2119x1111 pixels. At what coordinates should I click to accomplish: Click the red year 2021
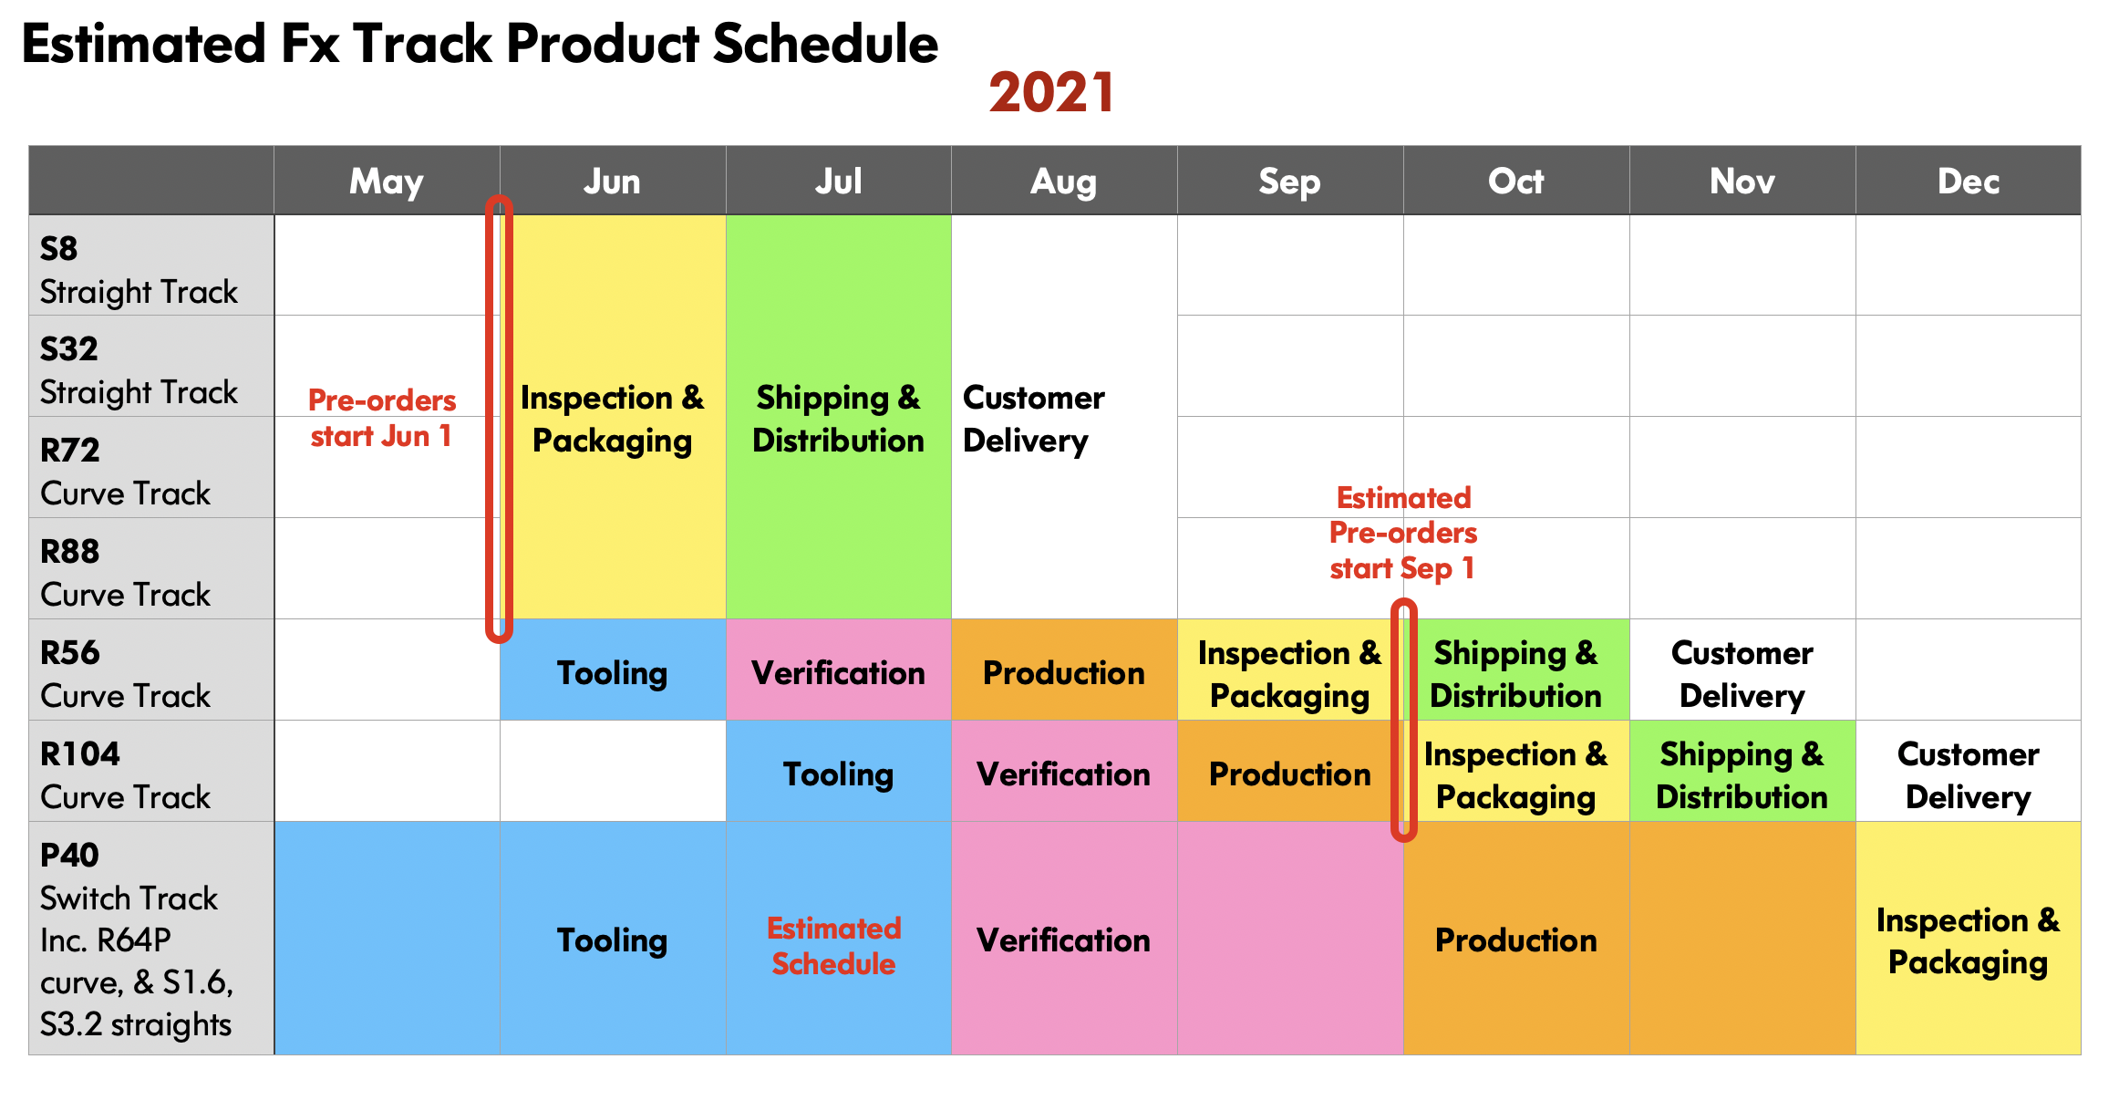(1051, 93)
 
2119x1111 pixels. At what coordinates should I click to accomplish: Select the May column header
(387, 181)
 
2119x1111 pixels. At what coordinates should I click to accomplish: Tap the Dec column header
(1969, 181)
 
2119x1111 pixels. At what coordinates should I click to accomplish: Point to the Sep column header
(1290, 181)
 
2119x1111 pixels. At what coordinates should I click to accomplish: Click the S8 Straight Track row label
(151, 265)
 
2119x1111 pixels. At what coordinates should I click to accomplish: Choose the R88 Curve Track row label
(151, 568)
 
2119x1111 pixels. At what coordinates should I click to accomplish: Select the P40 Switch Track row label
(151, 939)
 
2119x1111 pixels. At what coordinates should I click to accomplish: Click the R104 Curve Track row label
(151, 771)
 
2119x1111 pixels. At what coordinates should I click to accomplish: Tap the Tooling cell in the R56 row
(613, 670)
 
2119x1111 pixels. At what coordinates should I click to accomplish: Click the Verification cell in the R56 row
(839, 670)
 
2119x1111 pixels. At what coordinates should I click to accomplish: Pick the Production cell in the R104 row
(1290, 772)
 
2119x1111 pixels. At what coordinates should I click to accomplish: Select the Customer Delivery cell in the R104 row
(1969, 772)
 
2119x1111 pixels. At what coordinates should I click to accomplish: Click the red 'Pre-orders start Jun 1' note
(382, 418)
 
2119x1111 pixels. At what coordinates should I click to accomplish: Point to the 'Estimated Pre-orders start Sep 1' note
(1403, 534)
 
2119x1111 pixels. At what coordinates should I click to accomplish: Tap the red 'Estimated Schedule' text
(834, 946)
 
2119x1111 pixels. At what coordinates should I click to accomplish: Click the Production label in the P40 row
(1516, 940)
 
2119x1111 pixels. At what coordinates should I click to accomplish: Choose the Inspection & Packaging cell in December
(1969, 939)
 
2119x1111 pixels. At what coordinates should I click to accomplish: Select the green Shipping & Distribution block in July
(839, 417)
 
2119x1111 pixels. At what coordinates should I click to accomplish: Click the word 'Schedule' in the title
(825, 44)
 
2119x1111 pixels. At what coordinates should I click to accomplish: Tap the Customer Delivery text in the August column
(1034, 419)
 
